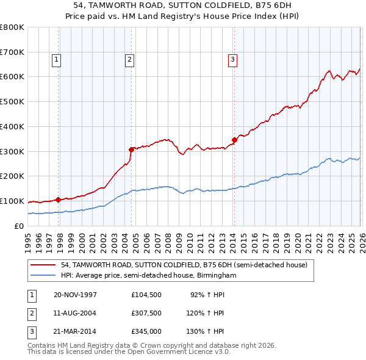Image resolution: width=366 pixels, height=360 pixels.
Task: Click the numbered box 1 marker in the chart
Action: [56, 59]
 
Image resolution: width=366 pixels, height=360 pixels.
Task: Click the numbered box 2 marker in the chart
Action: [130, 59]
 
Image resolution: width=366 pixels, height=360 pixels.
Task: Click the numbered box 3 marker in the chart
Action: [232, 59]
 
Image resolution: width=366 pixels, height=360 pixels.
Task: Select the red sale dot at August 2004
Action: [131, 149]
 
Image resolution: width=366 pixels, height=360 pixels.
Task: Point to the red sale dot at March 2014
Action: [234, 140]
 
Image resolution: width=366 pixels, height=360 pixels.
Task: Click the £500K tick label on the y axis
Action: [12, 102]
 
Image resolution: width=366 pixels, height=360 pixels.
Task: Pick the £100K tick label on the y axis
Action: [12, 201]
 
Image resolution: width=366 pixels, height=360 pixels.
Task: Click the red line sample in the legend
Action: [44, 265]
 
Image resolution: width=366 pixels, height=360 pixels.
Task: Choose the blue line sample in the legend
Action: [44, 276]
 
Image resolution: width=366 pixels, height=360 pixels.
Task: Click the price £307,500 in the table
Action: [146, 313]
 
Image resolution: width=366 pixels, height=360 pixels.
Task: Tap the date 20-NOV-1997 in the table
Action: [75, 295]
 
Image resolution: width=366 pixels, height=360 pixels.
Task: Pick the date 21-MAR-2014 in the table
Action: [75, 331]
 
